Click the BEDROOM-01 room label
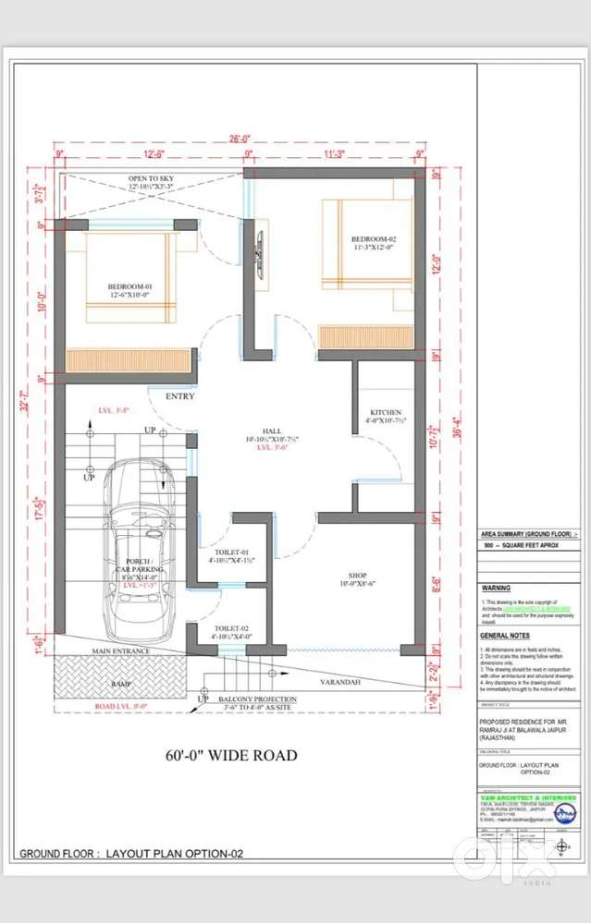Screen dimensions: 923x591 [129, 287]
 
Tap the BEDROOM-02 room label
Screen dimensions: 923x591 [347, 238]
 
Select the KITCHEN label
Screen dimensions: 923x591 [385, 412]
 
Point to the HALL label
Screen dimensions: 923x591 [271, 431]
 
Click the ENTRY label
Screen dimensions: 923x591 [180, 396]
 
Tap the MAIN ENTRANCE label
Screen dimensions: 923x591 [120, 651]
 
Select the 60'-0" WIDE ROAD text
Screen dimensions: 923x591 [231, 756]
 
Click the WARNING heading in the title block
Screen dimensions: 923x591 [496, 588]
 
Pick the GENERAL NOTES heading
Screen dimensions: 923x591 [504, 637]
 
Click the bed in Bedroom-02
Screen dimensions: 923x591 [365, 244]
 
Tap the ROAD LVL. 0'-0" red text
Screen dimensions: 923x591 [124, 707]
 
